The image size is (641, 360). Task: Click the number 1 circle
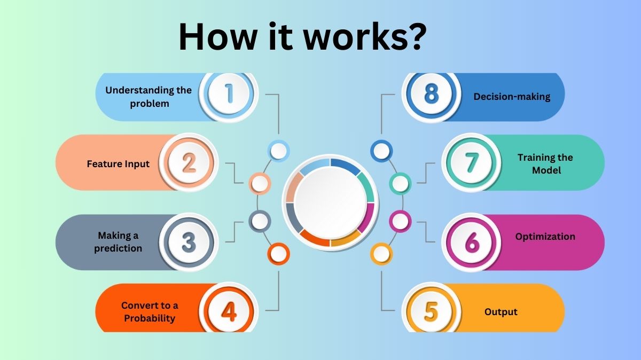coord(229,94)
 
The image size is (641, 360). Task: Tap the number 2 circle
coord(189,162)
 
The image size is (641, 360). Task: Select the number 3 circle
coord(189,242)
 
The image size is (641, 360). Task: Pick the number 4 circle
coord(229,311)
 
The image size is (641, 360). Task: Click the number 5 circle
coord(431,311)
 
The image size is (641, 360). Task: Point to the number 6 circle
coord(471,242)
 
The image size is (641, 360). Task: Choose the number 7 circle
coord(471,162)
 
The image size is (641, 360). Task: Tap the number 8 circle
coord(431,94)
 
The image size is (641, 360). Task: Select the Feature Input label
coord(118,164)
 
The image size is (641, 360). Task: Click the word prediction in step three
coord(118,248)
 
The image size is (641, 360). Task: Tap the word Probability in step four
coord(150,318)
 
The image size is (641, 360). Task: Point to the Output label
coord(501,312)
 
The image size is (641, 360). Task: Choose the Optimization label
coord(545,237)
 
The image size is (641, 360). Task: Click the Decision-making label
coord(512,97)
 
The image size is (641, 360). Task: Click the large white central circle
coord(331,202)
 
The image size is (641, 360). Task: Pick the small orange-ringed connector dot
coord(278,254)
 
